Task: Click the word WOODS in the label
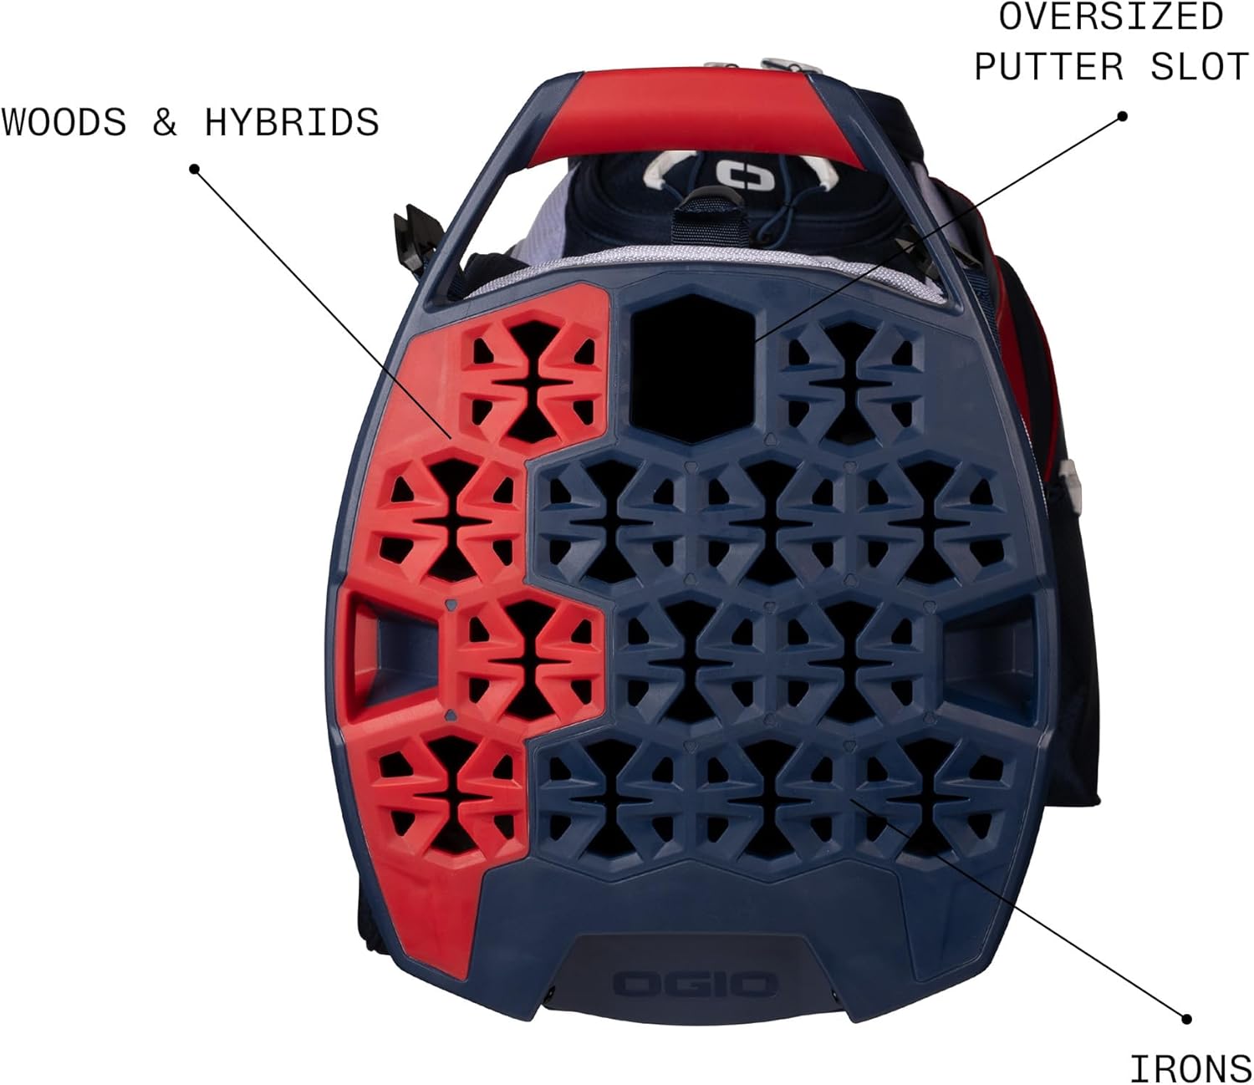64,123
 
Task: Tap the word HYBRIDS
291,123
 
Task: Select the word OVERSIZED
1111,18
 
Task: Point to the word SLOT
1200,67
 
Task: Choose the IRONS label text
1190,1068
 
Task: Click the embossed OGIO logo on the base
696,984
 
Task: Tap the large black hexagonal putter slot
693,368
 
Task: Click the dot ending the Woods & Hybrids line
194,169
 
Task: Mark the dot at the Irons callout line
1185,1018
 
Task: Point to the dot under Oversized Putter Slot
1123,116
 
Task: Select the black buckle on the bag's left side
415,238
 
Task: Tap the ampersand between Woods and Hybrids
165,123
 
